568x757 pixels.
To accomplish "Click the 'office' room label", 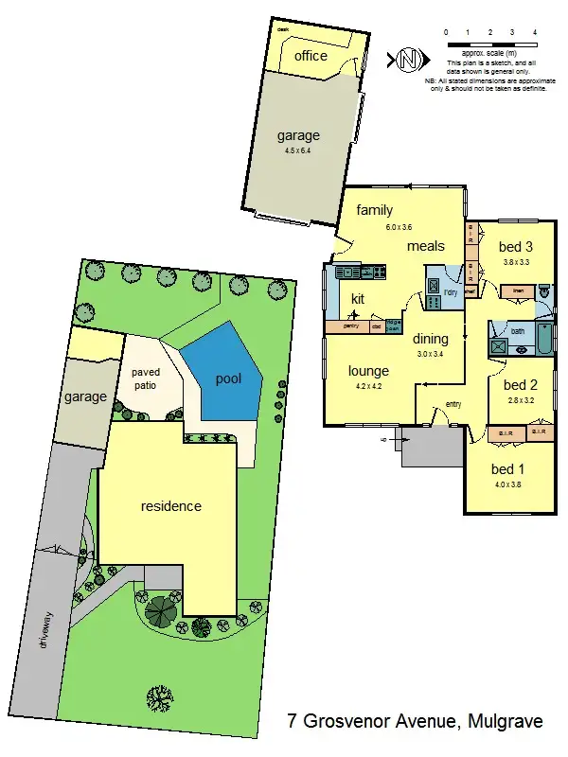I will (311, 56).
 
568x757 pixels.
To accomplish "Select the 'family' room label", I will (374, 211).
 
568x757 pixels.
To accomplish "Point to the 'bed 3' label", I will (518, 248).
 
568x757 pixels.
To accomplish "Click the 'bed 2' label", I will (520, 385).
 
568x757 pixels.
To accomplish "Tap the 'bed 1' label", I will (507, 469).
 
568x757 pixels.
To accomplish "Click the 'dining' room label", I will (430, 339).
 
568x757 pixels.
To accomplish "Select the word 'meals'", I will (426, 246).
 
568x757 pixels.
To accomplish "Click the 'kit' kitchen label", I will (358, 299).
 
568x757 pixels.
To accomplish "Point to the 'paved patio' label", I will (146, 378).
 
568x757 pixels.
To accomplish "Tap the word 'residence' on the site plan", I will (171, 506).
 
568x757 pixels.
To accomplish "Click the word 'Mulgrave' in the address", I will (506, 722).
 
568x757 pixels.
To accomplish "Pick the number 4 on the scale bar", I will (536, 32).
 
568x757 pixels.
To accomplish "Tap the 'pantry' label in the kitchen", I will (351, 327).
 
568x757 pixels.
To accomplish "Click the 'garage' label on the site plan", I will (85, 397).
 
